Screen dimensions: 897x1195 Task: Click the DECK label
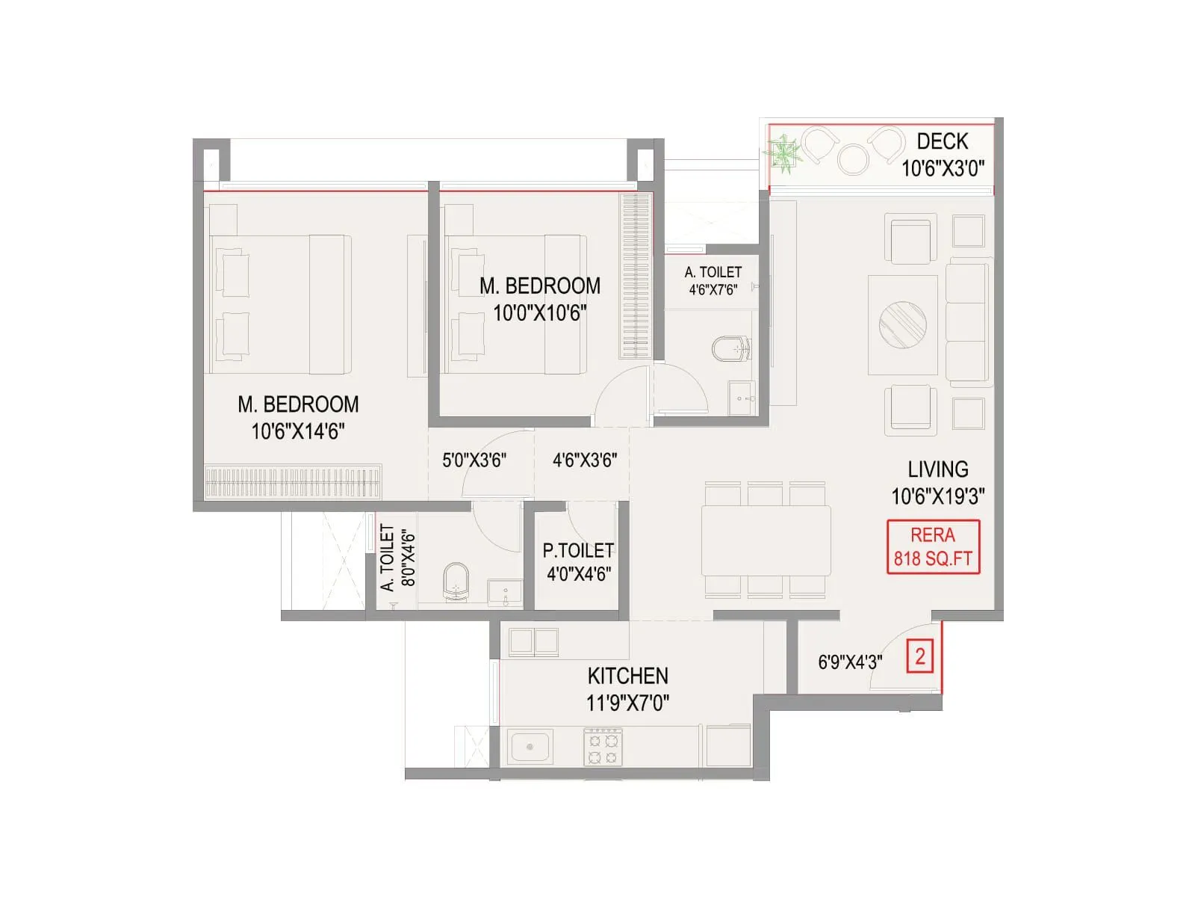click(942, 141)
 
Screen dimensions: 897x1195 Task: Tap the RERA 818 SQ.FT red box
click(933, 547)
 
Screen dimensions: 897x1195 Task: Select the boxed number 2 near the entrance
click(920, 657)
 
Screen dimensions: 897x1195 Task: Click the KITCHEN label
click(627, 676)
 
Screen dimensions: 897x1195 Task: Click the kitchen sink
click(530, 747)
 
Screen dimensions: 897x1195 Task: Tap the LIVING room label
click(938, 469)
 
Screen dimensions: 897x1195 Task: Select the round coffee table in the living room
click(903, 324)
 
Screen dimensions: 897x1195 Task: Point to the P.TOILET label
click(578, 551)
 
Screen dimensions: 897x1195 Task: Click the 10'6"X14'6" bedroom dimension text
click(298, 431)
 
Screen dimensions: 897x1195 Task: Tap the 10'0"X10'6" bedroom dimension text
click(539, 313)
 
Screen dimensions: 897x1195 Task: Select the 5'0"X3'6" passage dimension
click(474, 460)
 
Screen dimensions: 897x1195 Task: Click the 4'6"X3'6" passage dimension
click(585, 460)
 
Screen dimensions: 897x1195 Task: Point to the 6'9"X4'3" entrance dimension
click(850, 662)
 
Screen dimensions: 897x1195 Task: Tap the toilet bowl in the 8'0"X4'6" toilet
click(456, 581)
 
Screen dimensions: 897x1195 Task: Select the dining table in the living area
click(766, 540)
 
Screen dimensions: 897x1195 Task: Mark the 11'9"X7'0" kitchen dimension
click(627, 703)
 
